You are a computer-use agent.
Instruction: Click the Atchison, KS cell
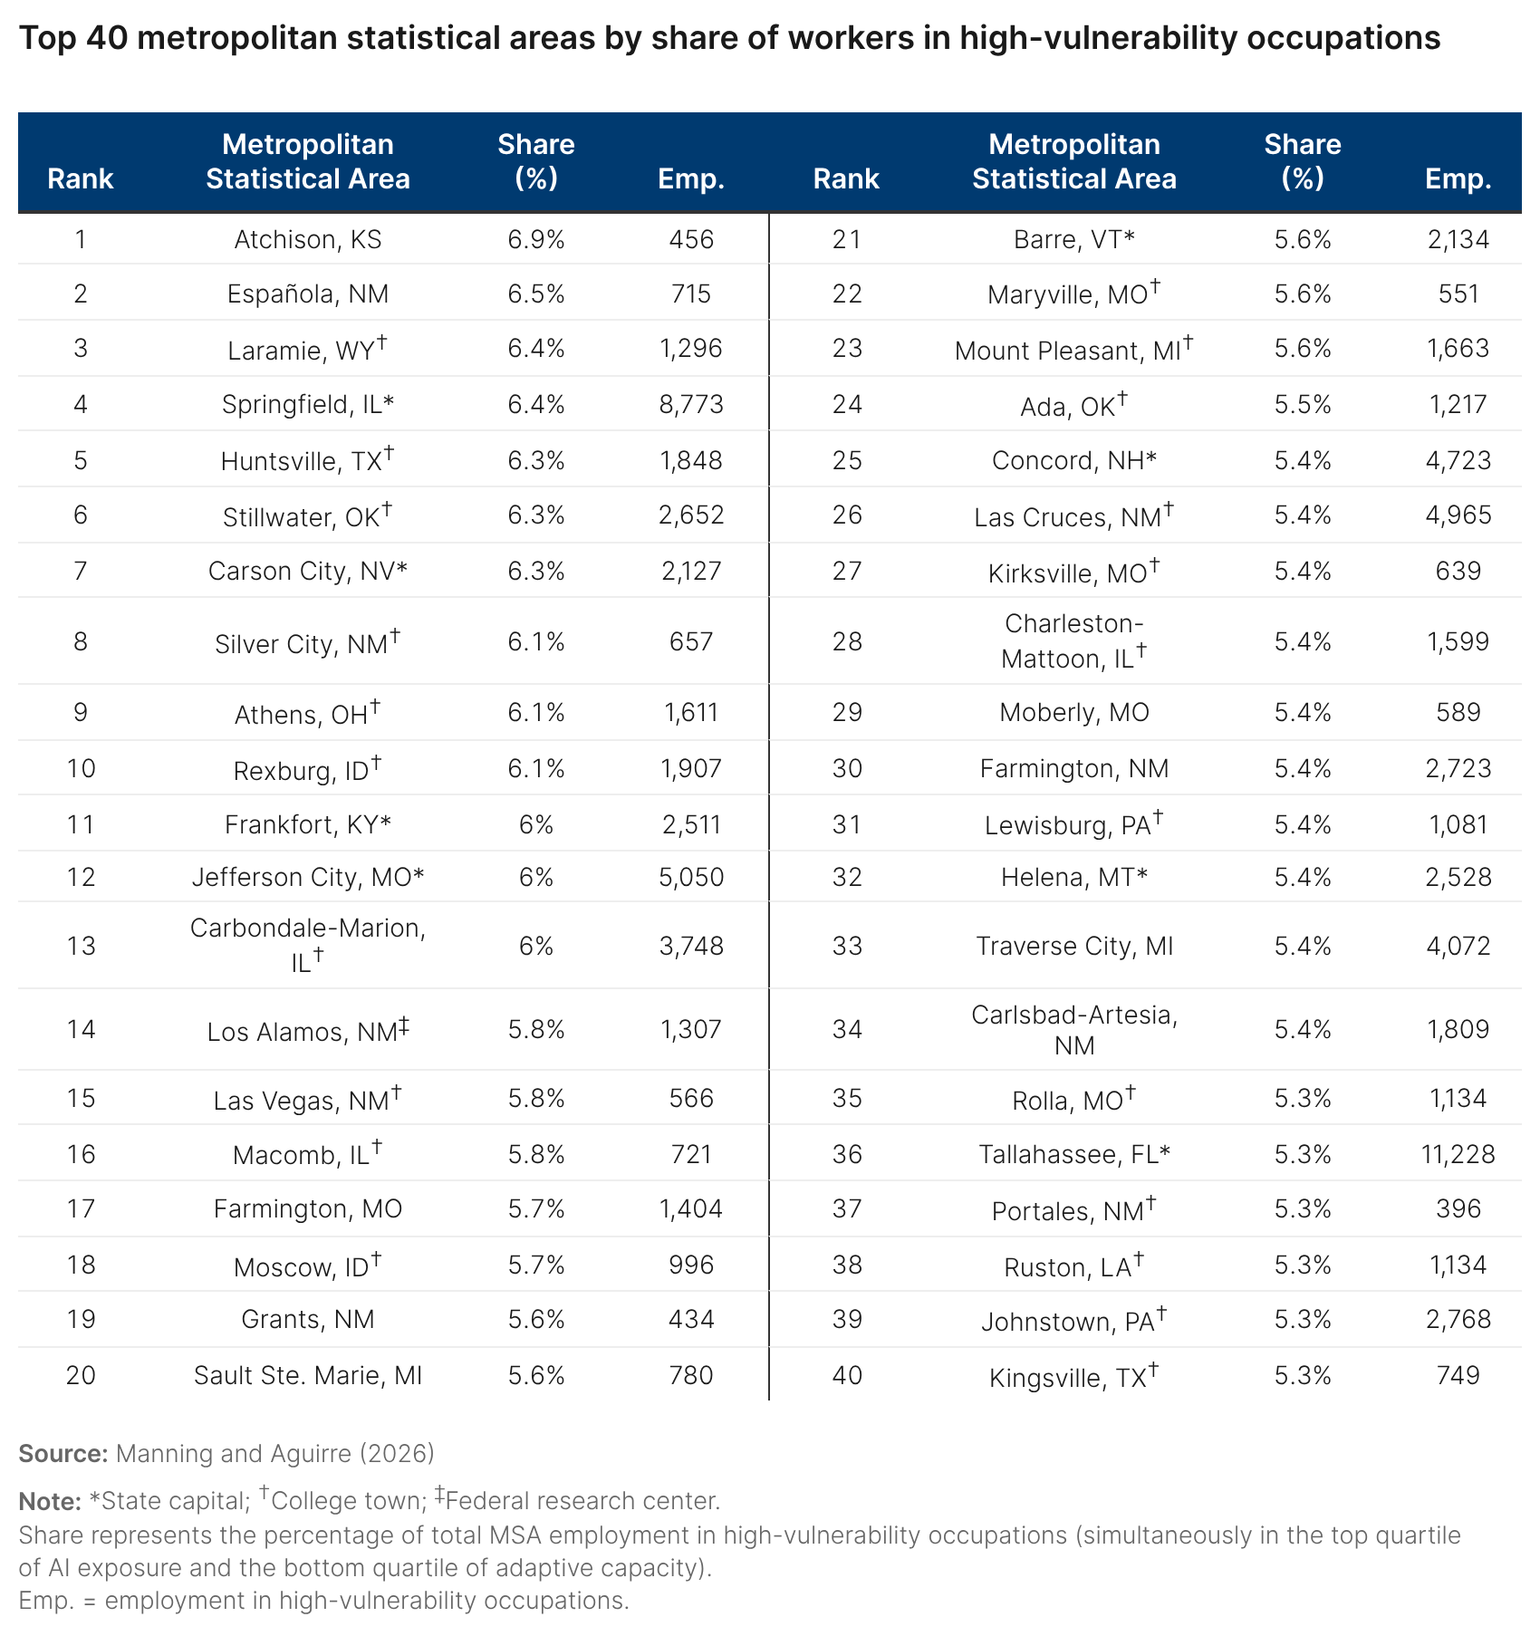(308, 239)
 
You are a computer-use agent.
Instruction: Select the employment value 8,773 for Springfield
(691, 404)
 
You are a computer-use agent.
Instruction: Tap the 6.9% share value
(536, 239)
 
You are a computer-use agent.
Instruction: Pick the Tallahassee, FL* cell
(1074, 1154)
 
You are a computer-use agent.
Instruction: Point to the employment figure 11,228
(1458, 1154)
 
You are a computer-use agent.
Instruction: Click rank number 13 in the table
(81, 946)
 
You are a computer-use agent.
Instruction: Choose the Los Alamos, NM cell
(308, 1031)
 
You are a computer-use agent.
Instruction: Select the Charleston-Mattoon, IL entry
(1074, 641)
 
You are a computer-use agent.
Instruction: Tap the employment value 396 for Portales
(1458, 1208)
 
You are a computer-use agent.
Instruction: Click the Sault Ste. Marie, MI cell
(308, 1375)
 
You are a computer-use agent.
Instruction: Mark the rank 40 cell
(847, 1375)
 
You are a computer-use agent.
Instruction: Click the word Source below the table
(63, 1453)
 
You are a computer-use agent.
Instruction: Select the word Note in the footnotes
(50, 1501)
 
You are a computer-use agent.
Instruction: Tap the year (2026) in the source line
(397, 1453)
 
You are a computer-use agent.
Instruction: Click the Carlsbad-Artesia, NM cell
(1074, 1030)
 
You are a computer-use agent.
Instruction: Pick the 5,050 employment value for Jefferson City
(691, 877)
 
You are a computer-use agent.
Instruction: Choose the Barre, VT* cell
(1074, 239)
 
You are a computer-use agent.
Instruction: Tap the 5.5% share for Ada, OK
(1303, 404)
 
